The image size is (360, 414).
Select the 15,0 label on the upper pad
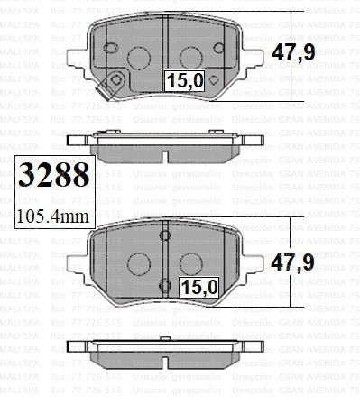(x=184, y=81)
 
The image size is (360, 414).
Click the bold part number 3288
(x=54, y=175)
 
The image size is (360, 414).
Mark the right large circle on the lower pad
(x=192, y=262)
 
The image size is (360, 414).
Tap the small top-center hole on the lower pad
(x=164, y=236)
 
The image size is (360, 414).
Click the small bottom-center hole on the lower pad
(x=164, y=288)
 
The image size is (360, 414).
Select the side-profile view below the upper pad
(x=165, y=143)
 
